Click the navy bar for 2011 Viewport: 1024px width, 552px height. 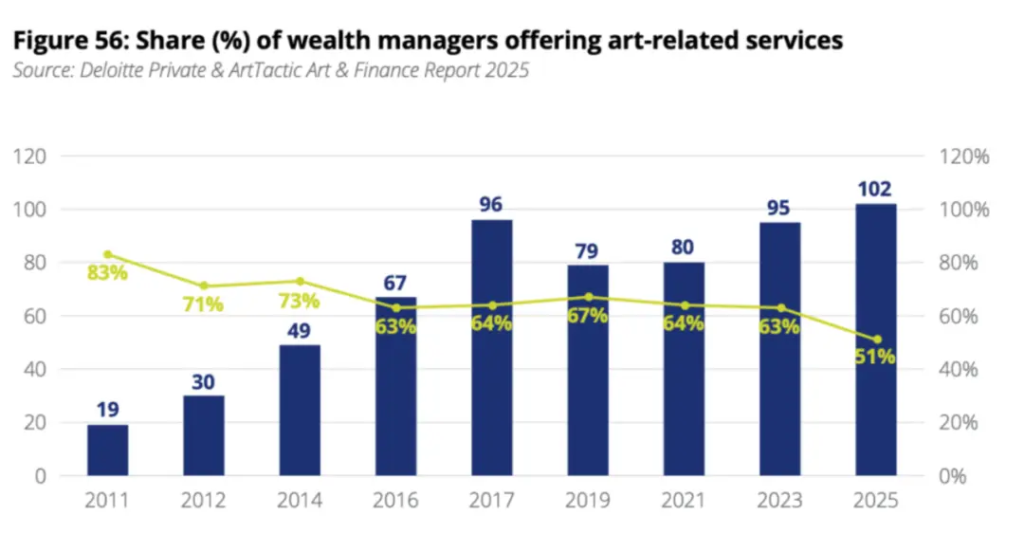click(108, 451)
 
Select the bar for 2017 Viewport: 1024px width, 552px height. click(492, 347)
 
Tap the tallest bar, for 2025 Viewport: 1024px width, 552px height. click(876, 340)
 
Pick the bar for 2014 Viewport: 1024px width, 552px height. click(300, 411)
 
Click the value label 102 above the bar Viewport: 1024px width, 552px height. click(874, 189)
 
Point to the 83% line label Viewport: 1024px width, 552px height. click(107, 272)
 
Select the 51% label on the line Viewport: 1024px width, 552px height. click(875, 357)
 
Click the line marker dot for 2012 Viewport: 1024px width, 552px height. click(204, 285)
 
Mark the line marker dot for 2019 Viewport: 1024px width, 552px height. click(588, 297)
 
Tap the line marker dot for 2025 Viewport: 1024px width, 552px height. click(877, 340)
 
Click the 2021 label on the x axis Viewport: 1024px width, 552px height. click(683, 501)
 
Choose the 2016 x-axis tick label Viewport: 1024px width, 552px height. click(395, 501)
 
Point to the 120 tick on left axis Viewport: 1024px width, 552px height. click(30, 156)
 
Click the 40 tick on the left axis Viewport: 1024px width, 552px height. click(35, 370)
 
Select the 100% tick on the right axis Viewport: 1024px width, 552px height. click(964, 211)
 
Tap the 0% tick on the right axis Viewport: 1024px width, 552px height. click(953, 476)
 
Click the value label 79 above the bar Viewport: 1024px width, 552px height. click(587, 250)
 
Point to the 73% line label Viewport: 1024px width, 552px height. click(299, 302)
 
